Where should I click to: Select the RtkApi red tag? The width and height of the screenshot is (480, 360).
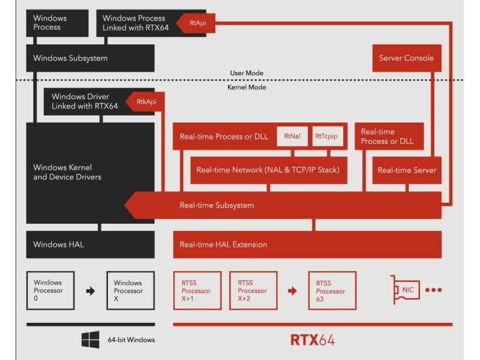point(145,101)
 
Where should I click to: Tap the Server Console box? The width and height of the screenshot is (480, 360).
point(406,58)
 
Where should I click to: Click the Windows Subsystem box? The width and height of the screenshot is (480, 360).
point(91,59)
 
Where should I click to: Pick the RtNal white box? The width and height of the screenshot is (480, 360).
point(292,137)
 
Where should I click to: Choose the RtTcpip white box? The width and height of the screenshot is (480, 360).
point(326,137)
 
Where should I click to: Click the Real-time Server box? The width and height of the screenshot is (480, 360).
point(407,170)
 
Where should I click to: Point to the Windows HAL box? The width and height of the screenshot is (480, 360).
point(91,245)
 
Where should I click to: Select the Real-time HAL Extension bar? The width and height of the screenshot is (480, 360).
point(307,245)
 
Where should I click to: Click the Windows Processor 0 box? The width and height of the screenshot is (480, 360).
point(50,290)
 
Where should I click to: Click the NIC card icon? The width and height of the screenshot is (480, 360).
point(406,290)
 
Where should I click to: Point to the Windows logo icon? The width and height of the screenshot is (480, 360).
point(91,340)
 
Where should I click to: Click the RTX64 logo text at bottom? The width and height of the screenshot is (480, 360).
point(312,340)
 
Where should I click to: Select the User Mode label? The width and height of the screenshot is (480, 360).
point(247,73)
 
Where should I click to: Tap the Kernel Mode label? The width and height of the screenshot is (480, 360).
point(247,88)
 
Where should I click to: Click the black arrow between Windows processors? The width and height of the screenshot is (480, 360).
point(91,291)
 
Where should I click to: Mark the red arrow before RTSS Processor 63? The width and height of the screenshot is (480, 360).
point(292,291)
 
